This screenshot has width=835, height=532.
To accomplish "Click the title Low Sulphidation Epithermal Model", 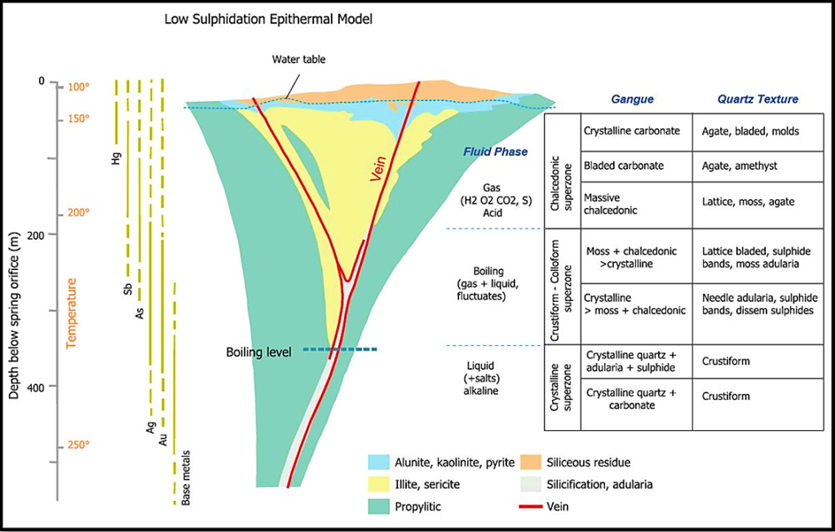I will click(x=268, y=18).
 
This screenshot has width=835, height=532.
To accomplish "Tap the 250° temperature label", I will click(x=79, y=445).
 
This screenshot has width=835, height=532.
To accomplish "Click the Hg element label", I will click(x=116, y=160).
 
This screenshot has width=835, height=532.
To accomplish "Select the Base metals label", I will click(x=187, y=477).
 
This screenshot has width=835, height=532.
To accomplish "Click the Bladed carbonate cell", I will click(x=624, y=166).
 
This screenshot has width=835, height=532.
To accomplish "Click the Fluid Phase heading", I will click(x=496, y=152).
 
